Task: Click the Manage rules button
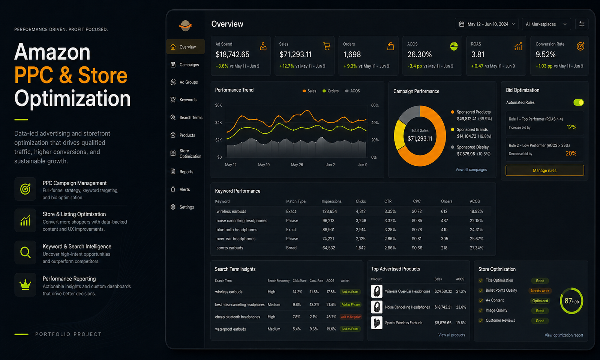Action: pos(544,170)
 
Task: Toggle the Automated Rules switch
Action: pos(578,102)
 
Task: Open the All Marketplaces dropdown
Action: pos(546,24)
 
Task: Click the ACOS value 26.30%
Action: pos(420,55)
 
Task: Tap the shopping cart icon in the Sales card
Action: pos(327,46)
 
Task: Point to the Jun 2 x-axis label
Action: pos(330,165)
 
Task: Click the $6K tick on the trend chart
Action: pos(219,105)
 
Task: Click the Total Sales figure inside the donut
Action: pos(420,138)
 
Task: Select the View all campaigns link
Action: pos(471,169)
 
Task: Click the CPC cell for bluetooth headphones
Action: pos(417,229)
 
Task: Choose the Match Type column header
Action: pos(296,201)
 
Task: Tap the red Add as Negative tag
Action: pos(351,317)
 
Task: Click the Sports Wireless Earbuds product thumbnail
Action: pos(376,323)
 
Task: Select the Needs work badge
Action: pos(540,291)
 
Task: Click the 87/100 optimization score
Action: pos(571,301)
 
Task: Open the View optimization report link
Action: pos(564,335)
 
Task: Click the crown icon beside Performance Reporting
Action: pos(25,285)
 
